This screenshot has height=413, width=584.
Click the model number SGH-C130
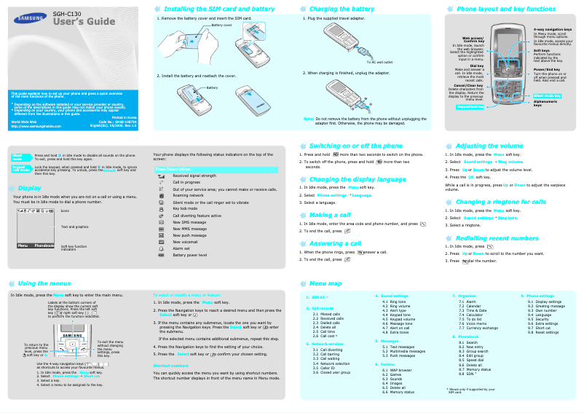click(68, 14)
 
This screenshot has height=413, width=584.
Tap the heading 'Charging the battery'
click(343, 9)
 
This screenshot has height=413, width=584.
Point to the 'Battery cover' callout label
click(222, 25)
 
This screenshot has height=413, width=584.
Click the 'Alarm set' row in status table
click(181, 248)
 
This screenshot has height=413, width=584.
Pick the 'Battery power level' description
click(189, 255)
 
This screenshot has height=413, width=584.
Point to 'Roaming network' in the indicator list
click(188, 195)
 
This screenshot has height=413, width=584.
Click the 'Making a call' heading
click(330, 216)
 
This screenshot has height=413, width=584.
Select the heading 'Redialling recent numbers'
click(497, 238)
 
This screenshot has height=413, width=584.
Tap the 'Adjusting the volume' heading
click(489, 146)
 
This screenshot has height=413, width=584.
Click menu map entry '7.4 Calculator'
click(471, 314)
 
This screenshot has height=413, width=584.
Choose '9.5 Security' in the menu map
click(538, 318)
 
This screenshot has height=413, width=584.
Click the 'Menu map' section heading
click(325, 283)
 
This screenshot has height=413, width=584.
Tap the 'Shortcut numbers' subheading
click(171, 365)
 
